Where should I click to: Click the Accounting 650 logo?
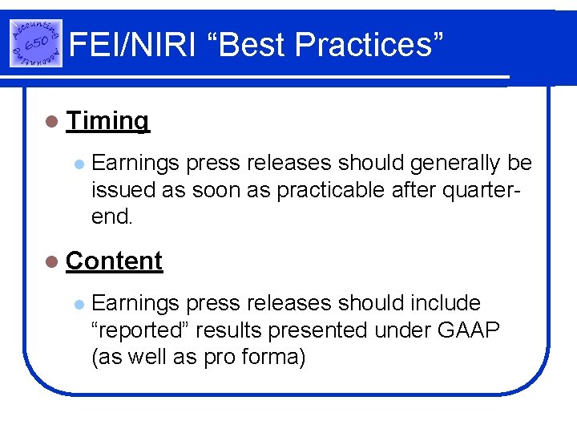(x=36, y=43)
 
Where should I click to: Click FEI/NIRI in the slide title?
(x=132, y=45)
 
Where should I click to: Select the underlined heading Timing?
(x=107, y=121)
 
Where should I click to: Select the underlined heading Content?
(x=115, y=261)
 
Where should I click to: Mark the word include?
(x=446, y=303)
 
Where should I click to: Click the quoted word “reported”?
(x=141, y=330)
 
